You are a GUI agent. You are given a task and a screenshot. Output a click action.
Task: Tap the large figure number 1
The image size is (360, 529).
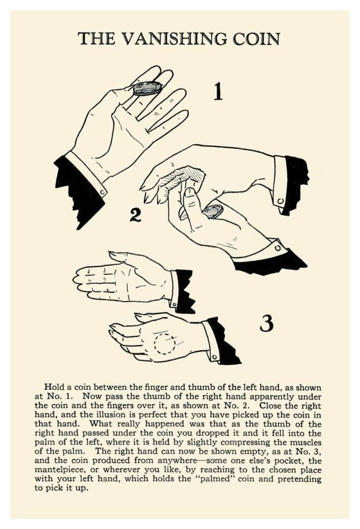point(218,92)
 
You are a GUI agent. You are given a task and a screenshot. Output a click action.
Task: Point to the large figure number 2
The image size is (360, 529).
point(136,215)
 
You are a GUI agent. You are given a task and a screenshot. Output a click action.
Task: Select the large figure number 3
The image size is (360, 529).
point(267,324)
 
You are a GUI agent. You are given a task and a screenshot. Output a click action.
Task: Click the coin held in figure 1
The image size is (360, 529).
point(147,88)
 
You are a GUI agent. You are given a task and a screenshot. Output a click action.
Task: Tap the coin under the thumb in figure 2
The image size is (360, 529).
point(213,211)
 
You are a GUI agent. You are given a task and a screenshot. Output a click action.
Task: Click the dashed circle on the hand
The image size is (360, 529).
point(164,344)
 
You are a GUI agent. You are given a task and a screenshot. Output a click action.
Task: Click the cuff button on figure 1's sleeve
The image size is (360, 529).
point(103,193)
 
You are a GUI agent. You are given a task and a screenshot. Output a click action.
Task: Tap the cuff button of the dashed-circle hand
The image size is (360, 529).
point(214,356)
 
